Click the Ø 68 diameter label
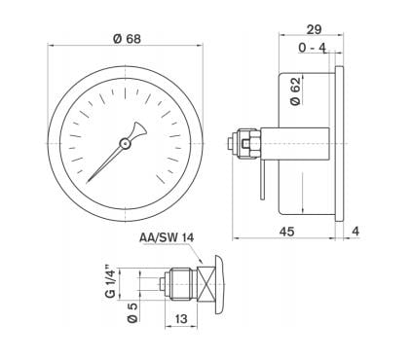(x=130, y=39)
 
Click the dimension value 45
(x=288, y=231)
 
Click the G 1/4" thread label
(x=111, y=281)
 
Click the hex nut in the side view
(x=247, y=143)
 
